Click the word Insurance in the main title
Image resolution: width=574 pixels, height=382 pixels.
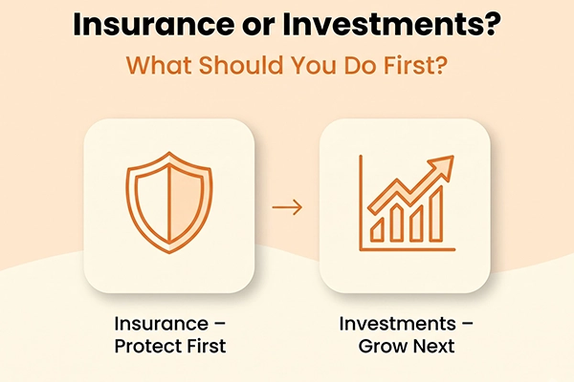click(153, 25)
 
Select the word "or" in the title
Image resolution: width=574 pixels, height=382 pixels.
click(257, 28)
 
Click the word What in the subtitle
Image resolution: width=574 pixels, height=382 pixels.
click(159, 65)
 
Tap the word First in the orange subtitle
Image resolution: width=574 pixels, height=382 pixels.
click(415, 65)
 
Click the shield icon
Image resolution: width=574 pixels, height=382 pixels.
click(168, 202)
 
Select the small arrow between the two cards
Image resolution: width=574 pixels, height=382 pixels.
click(287, 207)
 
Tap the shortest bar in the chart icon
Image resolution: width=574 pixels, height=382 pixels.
click(377, 229)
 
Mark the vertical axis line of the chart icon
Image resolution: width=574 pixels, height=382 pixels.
click(361, 202)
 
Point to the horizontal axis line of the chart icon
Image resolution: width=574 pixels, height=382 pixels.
click(408, 249)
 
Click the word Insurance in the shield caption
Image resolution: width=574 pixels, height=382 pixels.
click(161, 324)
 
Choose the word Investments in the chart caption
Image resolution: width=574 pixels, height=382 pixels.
click(398, 324)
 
